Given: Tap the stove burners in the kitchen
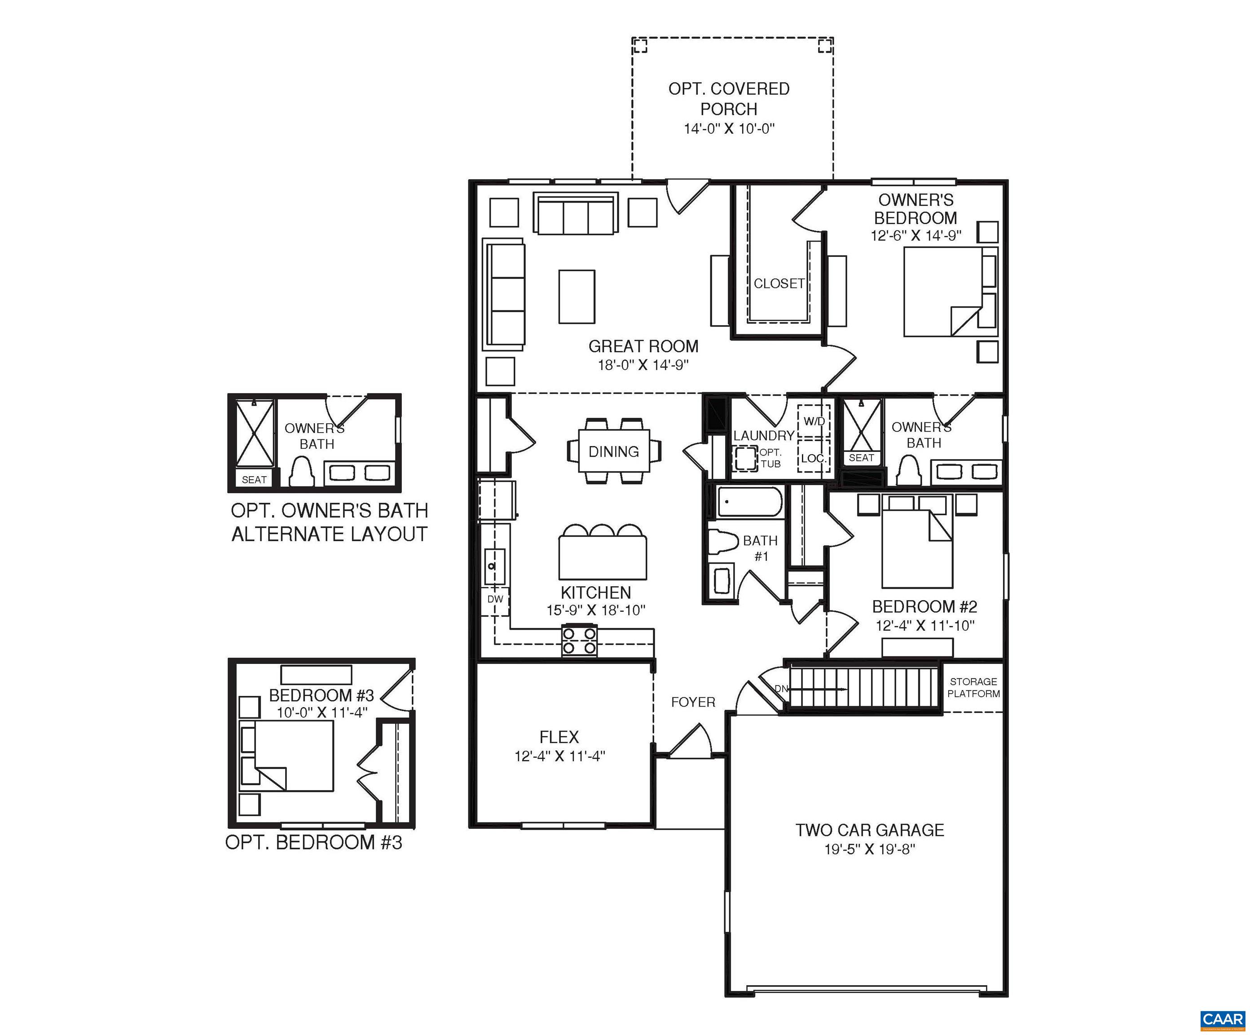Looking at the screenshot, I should pos(579,641).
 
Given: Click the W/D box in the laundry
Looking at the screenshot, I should pos(814,421).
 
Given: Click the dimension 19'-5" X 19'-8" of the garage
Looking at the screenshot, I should pos(869,849).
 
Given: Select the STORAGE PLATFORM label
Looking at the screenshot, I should pos(973,687).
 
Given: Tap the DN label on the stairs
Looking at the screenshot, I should pos(781,688).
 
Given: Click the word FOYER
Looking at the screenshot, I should pos(693,702).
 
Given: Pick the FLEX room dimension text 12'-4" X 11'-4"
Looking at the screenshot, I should pos(559,756).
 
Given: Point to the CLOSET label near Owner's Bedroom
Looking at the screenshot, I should pos(779,283).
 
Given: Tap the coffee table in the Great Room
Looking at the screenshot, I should pos(576,296).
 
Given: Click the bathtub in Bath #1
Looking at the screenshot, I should pos(749,502).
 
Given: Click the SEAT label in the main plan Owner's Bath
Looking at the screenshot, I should pos(861,457).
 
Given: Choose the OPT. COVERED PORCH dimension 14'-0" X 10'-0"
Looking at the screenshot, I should pos(729,128).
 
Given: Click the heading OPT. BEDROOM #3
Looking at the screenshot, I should pos(314,843).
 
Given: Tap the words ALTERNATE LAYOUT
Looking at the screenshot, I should pos(329,534).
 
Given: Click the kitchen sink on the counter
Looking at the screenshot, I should pos(494,566).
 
